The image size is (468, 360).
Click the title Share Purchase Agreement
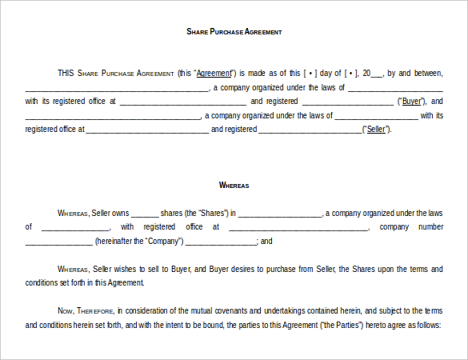(234, 32)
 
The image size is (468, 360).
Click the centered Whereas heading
(234, 186)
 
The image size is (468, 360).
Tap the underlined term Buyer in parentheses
(412, 102)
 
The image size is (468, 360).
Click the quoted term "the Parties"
(342, 326)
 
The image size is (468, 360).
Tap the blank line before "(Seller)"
(310, 130)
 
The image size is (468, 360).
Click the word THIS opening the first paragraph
(66, 74)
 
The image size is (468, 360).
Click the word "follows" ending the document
(426, 326)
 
